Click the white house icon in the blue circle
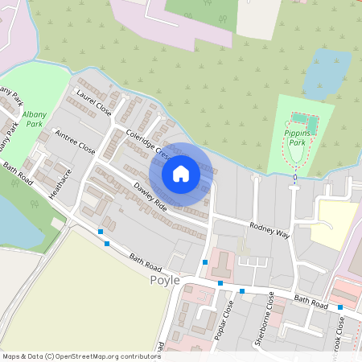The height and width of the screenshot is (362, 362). tap(181, 173)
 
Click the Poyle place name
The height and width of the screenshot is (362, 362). tap(166, 281)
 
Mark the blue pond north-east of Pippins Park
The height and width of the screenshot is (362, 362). tap(325, 73)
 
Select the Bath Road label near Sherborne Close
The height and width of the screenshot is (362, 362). tap(311, 302)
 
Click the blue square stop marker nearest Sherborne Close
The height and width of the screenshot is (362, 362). tap(241, 290)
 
